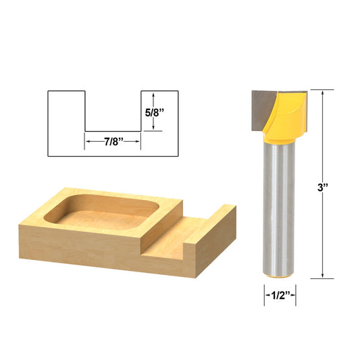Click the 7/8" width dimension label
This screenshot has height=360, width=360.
click(x=112, y=143)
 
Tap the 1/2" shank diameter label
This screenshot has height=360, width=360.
click(x=280, y=294)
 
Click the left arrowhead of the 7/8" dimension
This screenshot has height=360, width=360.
click(x=87, y=143)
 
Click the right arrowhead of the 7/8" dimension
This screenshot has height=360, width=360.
click(x=138, y=143)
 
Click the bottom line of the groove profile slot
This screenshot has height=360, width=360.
click(x=112, y=131)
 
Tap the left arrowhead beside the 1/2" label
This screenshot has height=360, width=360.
click(x=266, y=294)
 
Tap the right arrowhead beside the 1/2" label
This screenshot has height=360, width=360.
click(x=294, y=294)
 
